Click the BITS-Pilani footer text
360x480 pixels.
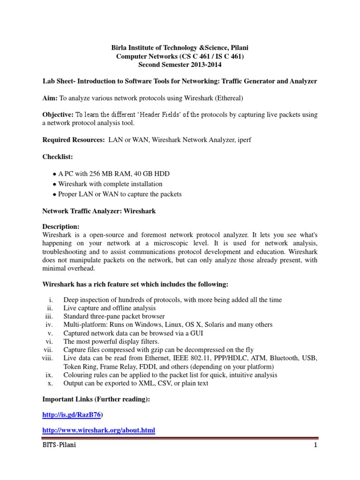click(59, 445)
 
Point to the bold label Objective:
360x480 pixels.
click(58, 115)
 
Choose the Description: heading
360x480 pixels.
click(61, 227)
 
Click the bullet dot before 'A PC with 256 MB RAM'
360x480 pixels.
click(54, 174)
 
